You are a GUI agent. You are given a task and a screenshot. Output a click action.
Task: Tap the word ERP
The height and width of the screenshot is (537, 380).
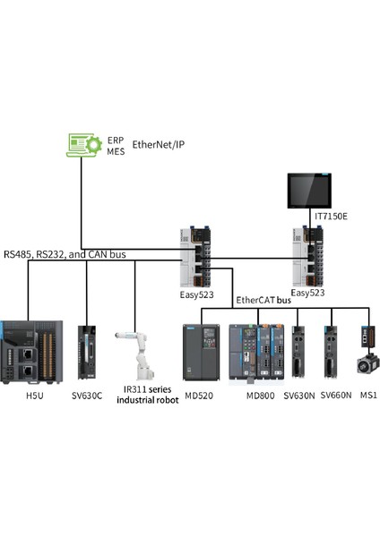(x=116, y=140)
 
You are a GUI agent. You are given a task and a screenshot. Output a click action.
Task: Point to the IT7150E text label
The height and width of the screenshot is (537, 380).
(x=331, y=216)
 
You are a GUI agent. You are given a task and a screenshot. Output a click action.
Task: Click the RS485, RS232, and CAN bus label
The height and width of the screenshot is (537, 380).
(x=64, y=254)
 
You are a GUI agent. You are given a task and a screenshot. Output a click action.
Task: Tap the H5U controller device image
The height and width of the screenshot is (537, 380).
(x=31, y=350)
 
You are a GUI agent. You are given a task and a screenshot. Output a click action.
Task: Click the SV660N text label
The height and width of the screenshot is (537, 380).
(x=336, y=395)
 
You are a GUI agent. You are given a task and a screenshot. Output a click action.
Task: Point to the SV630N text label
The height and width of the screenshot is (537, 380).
(x=298, y=395)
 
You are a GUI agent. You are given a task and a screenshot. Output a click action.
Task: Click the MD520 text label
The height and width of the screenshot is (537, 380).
(x=202, y=395)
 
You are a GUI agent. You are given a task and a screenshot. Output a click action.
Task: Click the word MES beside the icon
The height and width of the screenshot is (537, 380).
(x=116, y=151)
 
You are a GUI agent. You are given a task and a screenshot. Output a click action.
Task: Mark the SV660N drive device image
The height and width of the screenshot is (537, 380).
(x=333, y=352)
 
